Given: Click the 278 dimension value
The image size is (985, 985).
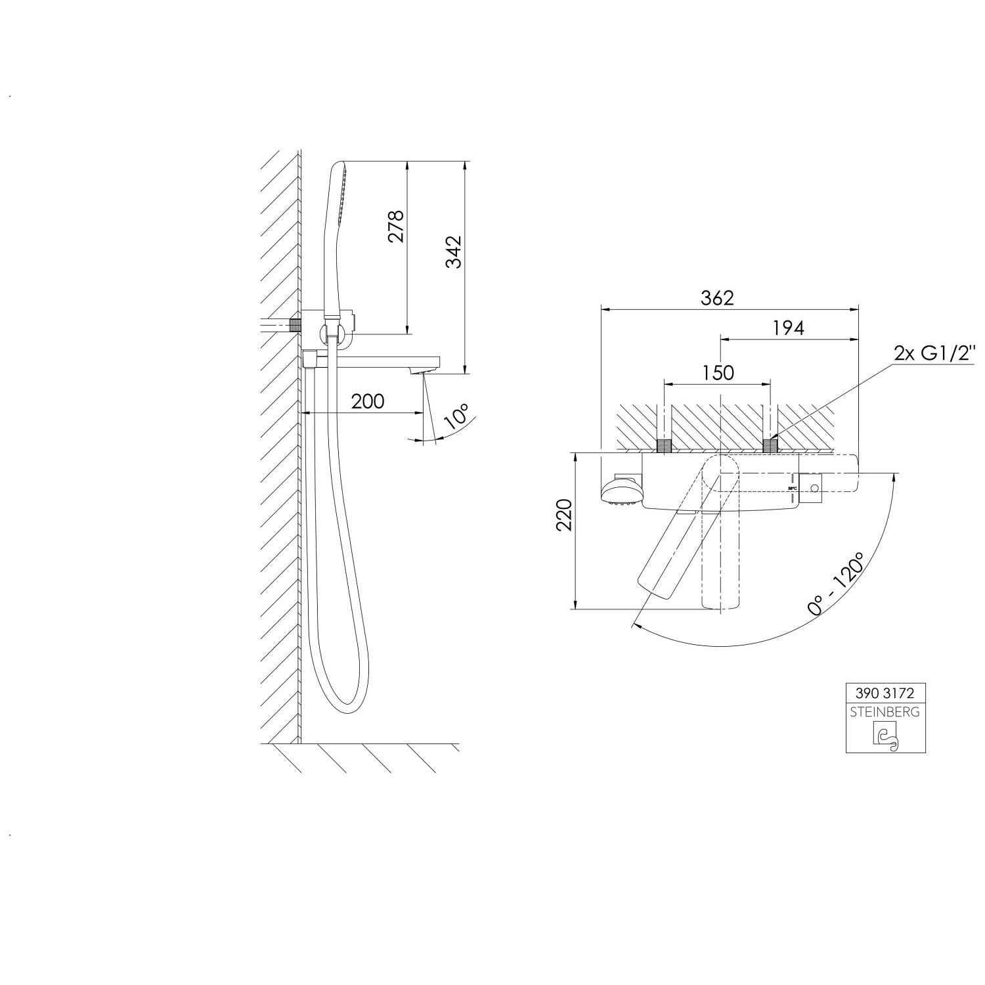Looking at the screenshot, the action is pos(396,227).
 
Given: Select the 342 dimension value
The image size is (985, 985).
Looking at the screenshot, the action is pos(454,252).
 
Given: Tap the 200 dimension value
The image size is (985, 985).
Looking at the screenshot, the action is pos(367,401).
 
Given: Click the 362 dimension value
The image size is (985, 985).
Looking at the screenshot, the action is pos(717,297).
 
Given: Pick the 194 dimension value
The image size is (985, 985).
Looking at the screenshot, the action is pos(789,328).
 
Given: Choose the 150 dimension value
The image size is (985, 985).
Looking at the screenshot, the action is pos(717,372).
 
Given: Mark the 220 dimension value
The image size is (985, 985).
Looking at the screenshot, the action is pos(565,515).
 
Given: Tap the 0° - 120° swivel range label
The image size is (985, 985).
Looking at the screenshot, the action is pos(835,583).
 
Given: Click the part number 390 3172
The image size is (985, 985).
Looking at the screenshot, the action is pos(885,692).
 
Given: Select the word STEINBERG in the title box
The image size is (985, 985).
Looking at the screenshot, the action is pos(885,712).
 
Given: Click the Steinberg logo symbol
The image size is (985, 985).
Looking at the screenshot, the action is pos(885,737).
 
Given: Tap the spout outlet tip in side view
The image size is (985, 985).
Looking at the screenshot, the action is pos(424,372).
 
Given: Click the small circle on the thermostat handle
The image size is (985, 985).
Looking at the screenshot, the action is pos(814,488).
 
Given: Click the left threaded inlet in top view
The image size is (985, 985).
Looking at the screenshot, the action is pos(665,446).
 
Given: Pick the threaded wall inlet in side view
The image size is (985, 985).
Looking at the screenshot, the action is pos(294,324).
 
